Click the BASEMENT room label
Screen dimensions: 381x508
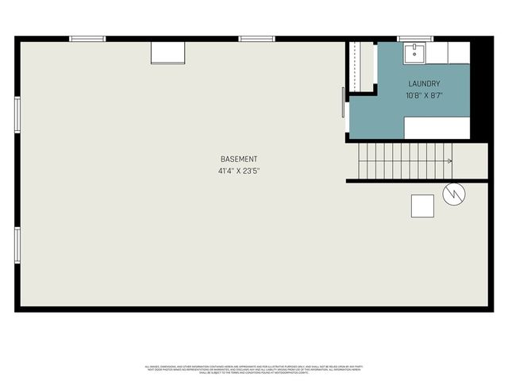[239, 159]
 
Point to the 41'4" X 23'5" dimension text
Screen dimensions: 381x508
[239, 171]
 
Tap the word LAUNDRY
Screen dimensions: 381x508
[424, 83]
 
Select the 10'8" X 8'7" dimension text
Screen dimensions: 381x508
[424, 95]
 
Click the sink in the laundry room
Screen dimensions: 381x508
[413, 53]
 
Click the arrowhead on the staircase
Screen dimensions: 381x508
[449, 161]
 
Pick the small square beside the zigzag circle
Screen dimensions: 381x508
[422, 206]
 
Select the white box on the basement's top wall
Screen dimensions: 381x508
[168, 52]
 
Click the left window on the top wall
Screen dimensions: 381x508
[87, 38]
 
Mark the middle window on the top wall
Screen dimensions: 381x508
[256, 38]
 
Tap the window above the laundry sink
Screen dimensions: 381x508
[414, 38]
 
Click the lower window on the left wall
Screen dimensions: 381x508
[17, 244]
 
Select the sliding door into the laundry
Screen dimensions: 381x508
[343, 102]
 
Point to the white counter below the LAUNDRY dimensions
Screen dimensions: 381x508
[437, 128]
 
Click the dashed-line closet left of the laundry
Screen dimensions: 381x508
[361, 67]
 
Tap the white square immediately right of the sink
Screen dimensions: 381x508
[437, 53]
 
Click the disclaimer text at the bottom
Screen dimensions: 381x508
[253, 368]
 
